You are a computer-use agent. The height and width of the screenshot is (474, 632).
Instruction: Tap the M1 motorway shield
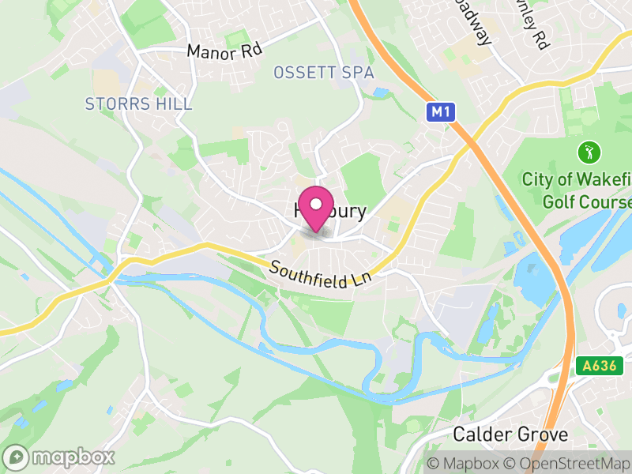(x=441, y=113)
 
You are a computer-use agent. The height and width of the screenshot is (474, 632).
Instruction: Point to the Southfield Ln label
(x=319, y=275)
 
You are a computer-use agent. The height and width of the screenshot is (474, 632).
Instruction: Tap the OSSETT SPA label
(x=323, y=73)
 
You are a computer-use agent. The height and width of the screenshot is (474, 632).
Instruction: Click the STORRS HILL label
(x=138, y=103)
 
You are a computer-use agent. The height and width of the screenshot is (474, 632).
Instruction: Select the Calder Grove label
(x=510, y=434)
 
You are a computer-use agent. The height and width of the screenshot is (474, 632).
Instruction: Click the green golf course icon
(x=587, y=150)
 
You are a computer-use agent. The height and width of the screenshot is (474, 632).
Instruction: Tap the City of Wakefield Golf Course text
(x=577, y=190)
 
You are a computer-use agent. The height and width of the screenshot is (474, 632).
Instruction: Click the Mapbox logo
(x=59, y=457)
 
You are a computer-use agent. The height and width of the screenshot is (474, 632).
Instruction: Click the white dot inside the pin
(x=316, y=204)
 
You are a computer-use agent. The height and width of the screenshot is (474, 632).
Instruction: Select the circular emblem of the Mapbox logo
(x=16, y=457)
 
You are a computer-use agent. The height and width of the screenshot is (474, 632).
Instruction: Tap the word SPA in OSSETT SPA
(x=356, y=73)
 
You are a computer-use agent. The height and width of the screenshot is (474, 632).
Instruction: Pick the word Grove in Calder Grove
(x=543, y=434)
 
